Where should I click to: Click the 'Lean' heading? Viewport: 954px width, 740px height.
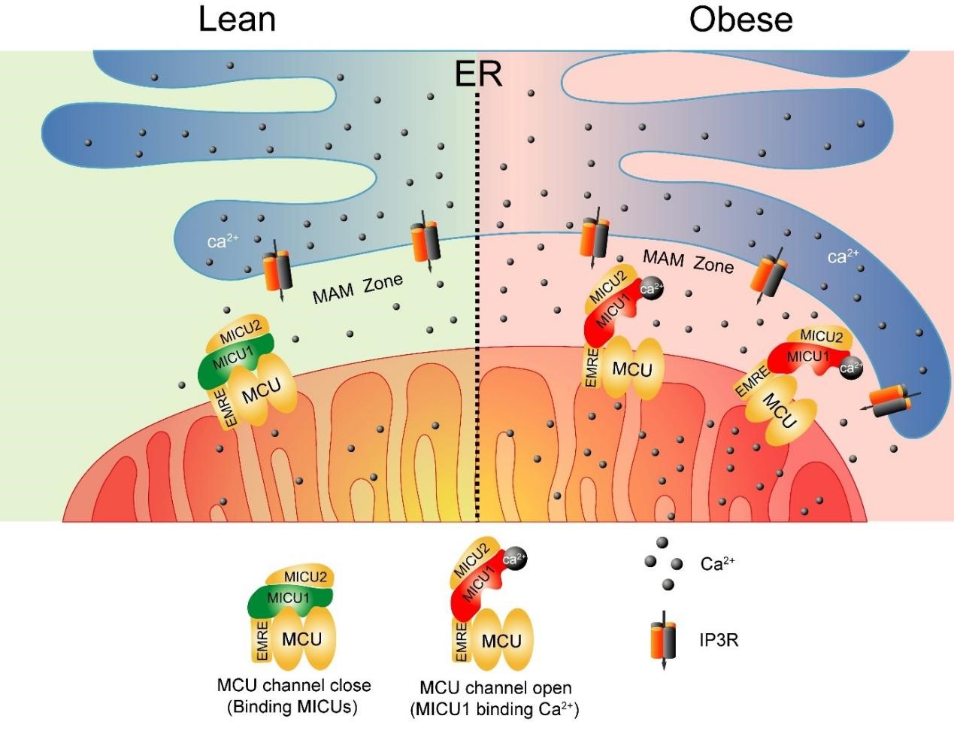point(237,20)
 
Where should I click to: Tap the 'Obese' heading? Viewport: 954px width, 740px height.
point(740,20)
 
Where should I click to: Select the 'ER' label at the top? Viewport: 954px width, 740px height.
point(478,74)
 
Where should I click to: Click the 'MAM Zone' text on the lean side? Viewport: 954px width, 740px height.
point(357,288)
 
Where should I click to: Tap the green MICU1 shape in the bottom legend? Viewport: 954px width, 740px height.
point(288,599)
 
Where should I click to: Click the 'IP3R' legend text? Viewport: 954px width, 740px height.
point(719,641)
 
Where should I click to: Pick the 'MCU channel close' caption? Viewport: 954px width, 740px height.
point(293,686)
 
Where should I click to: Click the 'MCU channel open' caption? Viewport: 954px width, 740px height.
point(495,688)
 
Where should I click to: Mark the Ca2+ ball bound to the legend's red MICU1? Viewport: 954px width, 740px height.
point(513,560)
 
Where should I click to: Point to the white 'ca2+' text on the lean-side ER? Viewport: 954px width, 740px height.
point(223,242)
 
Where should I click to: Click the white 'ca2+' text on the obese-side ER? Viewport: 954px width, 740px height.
point(843,257)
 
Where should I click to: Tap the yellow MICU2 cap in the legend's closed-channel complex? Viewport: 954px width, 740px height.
point(307,578)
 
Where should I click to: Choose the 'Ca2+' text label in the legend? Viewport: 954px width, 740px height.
point(716,564)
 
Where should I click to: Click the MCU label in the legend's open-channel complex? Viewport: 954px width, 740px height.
point(501,641)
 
